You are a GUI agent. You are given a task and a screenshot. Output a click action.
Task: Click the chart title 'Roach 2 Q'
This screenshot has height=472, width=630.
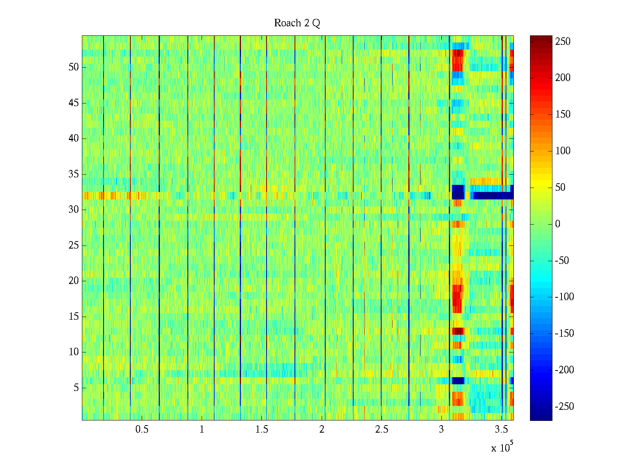297,23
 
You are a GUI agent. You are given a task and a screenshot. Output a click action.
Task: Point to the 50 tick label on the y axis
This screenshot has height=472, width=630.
74,67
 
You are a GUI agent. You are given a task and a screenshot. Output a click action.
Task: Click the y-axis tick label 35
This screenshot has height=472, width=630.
74,174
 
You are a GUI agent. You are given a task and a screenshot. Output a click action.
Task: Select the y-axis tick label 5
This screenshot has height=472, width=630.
76,388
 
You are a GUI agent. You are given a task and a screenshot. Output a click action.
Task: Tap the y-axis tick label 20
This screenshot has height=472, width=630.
74,281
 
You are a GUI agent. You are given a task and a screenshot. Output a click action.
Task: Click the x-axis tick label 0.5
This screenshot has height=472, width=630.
142,430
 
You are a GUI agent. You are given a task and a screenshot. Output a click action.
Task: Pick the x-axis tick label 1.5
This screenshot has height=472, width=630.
261,430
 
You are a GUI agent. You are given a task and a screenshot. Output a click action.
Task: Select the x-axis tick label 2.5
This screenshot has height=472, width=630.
382,430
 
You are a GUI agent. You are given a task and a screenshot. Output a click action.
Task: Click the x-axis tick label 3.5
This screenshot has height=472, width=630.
501,430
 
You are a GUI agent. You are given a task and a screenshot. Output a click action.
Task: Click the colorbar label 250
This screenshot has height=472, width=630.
563,41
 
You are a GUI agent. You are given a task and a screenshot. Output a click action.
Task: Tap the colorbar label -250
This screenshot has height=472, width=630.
564,407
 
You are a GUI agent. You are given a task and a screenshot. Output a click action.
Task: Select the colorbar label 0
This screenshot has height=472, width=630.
558,224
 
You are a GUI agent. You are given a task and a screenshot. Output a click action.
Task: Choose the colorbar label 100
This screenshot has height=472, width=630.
563,151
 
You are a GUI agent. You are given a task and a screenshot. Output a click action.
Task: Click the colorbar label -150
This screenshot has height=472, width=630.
564,334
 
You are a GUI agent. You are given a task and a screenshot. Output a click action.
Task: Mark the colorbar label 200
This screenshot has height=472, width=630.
563,78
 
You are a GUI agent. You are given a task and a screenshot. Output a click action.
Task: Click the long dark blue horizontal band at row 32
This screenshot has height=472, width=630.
492,195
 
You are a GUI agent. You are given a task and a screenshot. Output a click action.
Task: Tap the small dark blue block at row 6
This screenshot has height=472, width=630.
458,380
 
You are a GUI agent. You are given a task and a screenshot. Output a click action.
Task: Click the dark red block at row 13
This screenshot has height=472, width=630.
458,331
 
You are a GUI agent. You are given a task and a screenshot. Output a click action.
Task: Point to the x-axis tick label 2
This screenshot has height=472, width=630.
322,430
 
